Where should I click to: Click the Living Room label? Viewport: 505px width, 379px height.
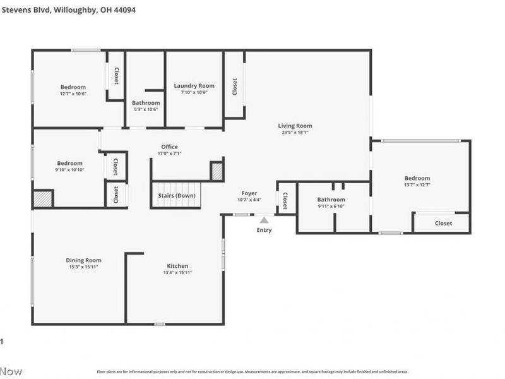click(295, 126)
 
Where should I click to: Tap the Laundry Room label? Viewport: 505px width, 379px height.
click(194, 86)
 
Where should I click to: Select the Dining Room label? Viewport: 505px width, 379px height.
click(83, 260)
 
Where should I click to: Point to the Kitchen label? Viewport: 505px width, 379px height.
click(177, 266)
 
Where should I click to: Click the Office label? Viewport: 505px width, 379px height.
click(169, 147)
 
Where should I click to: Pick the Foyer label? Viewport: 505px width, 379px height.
click(249, 193)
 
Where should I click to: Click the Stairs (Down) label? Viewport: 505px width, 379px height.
click(177, 196)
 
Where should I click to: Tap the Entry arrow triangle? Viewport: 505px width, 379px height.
click(264, 220)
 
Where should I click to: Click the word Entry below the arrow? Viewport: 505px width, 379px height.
click(264, 230)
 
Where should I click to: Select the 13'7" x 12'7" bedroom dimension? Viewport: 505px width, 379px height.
click(417, 185)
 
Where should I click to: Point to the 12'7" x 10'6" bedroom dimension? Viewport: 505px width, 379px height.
click(73, 93)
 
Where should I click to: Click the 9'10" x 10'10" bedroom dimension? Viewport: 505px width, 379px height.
click(69, 169)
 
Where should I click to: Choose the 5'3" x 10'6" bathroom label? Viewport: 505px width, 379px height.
click(146, 109)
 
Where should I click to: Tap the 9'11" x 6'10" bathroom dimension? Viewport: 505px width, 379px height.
click(331, 206)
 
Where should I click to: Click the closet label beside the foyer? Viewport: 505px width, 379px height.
click(285, 200)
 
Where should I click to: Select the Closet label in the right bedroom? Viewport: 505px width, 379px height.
click(443, 223)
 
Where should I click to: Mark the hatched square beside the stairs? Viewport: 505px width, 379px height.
click(217, 172)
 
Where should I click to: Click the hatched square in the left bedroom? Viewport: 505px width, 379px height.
click(42, 199)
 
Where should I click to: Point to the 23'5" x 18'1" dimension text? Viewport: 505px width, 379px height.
click(295, 133)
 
